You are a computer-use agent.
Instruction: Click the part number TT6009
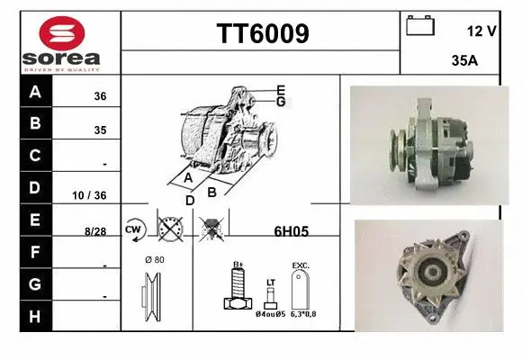pyautogui.click(x=262, y=33)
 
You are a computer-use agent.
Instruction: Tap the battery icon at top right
pyautogui.click(x=420, y=25)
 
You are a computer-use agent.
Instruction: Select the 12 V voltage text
pyautogui.click(x=481, y=31)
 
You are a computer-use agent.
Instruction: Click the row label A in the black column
pyautogui.click(x=35, y=92)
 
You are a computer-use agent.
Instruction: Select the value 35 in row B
pyautogui.click(x=100, y=130)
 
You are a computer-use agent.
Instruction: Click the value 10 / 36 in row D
pyautogui.click(x=93, y=195)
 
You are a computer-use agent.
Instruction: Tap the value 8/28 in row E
pyautogui.click(x=94, y=231)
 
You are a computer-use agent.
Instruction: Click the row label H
pyautogui.click(x=35, y=316)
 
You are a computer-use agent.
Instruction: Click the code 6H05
pyautogui.click(x=291, y=230)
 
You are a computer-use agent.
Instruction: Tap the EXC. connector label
pyautogui.click(x=301, y=265)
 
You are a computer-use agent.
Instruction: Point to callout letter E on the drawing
pyautogui.click(x=281, y=89)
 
